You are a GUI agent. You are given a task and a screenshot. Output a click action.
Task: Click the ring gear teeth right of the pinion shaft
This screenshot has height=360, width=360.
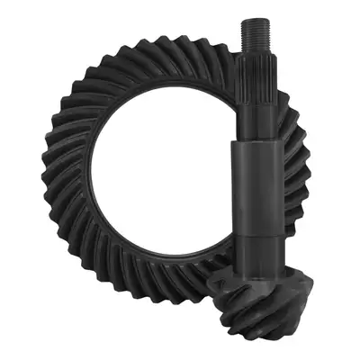(x=297, y=180)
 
